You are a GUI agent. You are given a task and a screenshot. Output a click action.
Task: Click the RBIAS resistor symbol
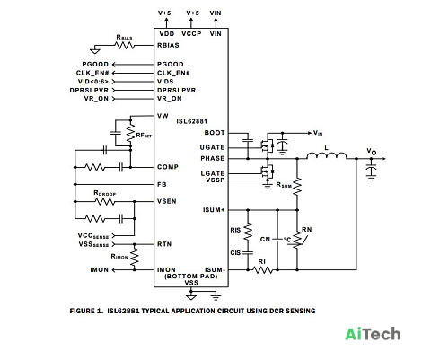click(x=125, y=46)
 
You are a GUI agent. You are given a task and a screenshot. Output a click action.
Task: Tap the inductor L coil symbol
click(x=327, y=156)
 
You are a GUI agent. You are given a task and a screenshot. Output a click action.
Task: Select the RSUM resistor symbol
click(x=297, y=187)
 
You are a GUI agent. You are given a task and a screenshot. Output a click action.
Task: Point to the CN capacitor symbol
click(x=277, y=240)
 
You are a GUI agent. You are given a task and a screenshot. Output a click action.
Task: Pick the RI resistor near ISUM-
click(x=263, y=270)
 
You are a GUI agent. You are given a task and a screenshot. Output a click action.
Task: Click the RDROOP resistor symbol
click(x=104, y=202)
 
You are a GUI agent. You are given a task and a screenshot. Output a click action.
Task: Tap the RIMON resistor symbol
click(x=135, y=257)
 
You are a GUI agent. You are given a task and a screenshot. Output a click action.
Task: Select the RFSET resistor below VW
click(x=130, y=133)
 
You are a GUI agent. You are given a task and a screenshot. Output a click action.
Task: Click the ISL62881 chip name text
click(x=191, y=121)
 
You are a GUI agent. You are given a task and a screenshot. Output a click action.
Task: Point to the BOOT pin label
click(x=215, y=133)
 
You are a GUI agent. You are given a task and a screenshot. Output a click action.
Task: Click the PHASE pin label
click(x=213, y=158)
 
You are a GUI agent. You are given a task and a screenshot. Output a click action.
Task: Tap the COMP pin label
click(x=168, y=167)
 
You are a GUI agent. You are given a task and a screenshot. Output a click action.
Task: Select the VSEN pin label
click(x=167, y=201)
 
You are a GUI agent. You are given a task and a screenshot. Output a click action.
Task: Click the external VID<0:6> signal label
click(x=93, y=82)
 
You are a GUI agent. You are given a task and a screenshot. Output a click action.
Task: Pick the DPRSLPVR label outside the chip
click(x=89, y=90)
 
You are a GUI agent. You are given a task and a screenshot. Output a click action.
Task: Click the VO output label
click(x=372, y=152)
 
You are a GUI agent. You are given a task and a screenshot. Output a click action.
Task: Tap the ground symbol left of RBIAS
click(x=95, y=50)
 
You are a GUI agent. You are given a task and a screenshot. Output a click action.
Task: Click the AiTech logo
click(x=373, y=334)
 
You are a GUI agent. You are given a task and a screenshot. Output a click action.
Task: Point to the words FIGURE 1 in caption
click(x=86, y=311)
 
